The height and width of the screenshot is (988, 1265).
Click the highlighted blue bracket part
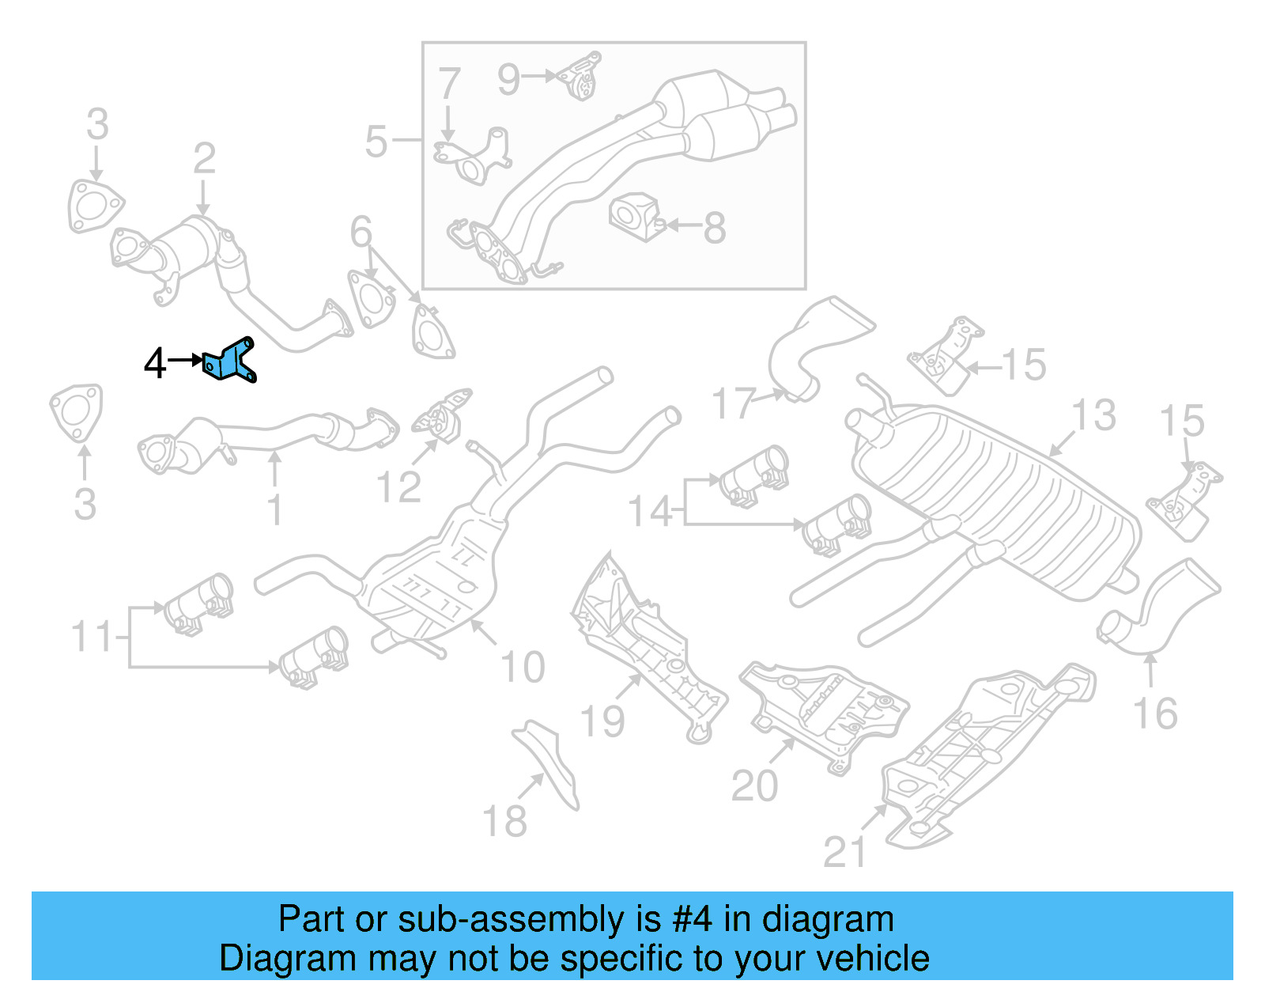[230, 362]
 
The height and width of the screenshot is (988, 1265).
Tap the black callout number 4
[155, 364]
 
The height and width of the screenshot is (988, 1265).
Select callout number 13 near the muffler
[1093, 416]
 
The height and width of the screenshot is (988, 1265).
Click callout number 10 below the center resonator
[523, 668]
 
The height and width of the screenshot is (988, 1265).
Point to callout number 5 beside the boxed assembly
[376, 142]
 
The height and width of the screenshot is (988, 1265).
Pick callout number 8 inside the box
[714, 229]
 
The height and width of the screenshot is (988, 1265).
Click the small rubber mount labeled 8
[634, 215]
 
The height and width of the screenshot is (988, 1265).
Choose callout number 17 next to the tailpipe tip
[734, 403]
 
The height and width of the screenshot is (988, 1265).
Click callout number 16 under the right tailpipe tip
[1155, 714]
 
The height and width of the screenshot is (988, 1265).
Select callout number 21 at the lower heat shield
[844, 853]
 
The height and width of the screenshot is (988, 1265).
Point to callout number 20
[754, 786]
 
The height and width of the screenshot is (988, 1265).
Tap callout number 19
[602, 721]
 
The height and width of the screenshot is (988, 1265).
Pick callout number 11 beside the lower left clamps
[92, 637]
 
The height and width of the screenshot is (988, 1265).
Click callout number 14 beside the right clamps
[650, 512]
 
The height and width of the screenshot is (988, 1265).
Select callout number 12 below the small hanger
[398, 487]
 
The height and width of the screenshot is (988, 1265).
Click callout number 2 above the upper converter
[204, 159]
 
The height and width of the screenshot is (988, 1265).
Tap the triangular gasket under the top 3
[96, 206]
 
